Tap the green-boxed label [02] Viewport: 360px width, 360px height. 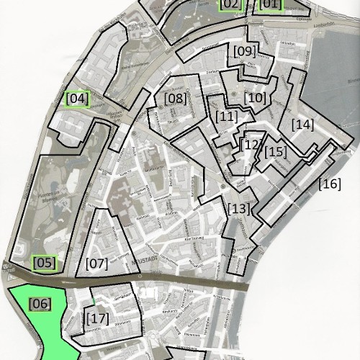pyautogui.click(x=230, y=4)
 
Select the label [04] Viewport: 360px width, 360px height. pyautogui.click(x=77, y=99)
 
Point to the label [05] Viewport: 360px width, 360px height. pyautogui.click(x=45, y=263)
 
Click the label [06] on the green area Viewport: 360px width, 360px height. pyautogui.click(x=40, y=304)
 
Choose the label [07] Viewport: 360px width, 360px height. pyautogui.click(x=96, y=264)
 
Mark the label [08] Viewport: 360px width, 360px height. pyautogui.click(x=175, y=99)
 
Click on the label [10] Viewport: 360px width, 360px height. pyautogui.click(x=255, y=97)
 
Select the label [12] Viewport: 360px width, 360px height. pyautogui.click(x=251, y=145)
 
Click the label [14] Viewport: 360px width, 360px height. pyautogui.click(x=302, y=125)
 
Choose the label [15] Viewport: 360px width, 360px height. pyautogui.click(x=275, y=152)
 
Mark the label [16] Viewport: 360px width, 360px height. pyautogui.click(x=329, y=184)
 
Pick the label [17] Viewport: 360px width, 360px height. pyautogui.click(x=96, y=317)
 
